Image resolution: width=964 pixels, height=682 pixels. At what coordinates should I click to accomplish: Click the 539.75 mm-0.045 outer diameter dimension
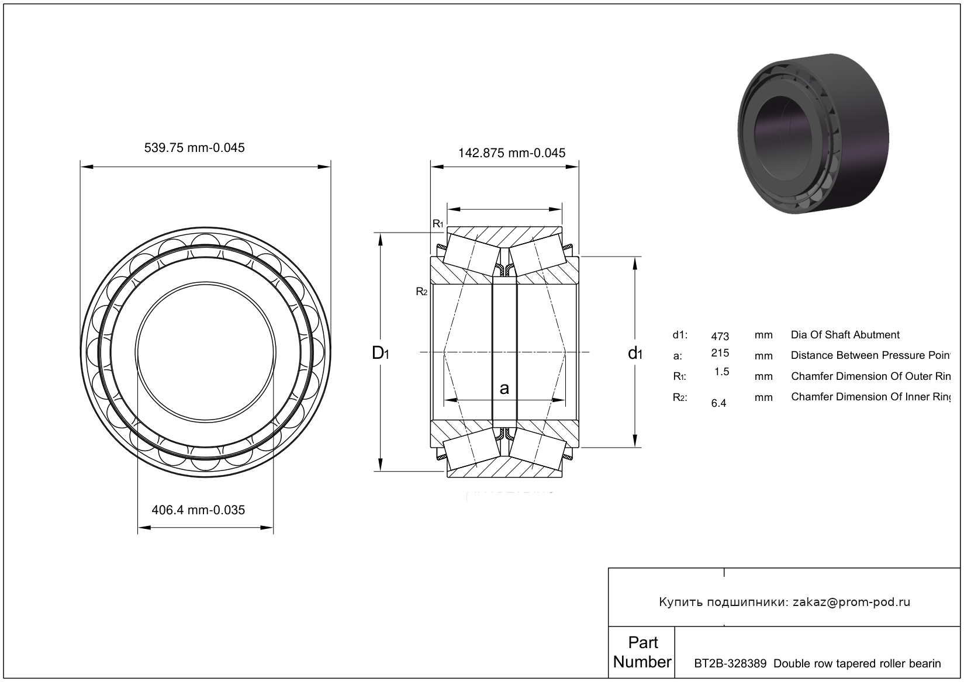[x=194, y=148]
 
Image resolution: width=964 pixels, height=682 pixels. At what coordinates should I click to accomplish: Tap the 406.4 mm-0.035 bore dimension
[x=198, y=510]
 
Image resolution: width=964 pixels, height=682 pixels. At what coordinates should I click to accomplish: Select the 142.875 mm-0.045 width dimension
[x=512, y=153]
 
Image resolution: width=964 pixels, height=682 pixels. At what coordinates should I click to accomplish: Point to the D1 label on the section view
[x=380, y=353]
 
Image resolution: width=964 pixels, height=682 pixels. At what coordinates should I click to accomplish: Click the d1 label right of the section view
[x=635, y=353]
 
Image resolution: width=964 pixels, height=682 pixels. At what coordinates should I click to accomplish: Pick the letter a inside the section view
[x=505, y=388]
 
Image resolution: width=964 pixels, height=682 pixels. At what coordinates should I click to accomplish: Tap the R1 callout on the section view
[x=438, y=224]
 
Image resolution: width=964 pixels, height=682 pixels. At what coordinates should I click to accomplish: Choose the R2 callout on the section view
[x=421, y=292]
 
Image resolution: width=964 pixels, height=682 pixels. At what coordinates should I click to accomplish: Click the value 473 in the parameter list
[x=720, y=337]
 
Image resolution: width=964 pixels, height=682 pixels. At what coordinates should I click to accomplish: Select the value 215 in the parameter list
[x=720, y=353]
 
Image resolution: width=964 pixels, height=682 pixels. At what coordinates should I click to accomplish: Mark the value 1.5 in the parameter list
[x=722, y=372]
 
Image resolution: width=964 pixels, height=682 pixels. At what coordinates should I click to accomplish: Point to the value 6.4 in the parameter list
[x=718, y=403]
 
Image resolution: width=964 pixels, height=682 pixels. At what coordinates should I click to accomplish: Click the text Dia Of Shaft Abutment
[x=845, y=335]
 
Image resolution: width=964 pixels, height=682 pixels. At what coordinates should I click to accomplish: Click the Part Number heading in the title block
[x=642, y=652]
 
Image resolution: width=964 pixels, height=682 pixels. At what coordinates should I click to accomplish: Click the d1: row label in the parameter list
[x=680, y=335]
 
